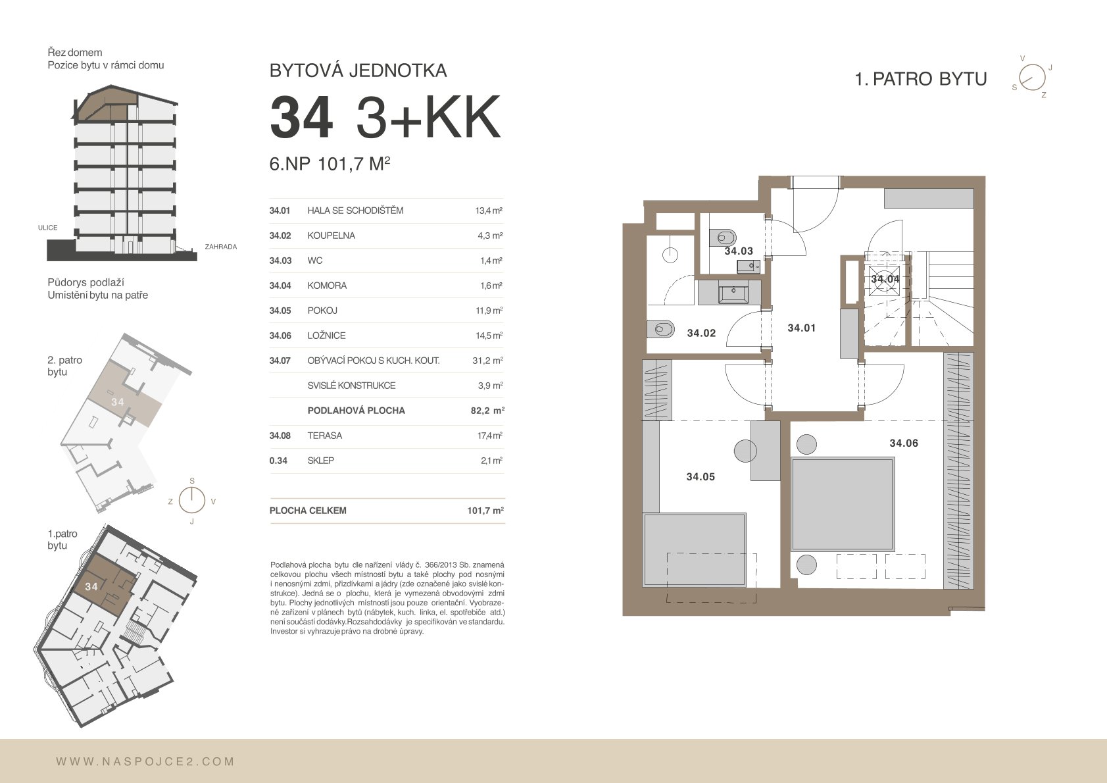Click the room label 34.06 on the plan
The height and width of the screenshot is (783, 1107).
(903, 443)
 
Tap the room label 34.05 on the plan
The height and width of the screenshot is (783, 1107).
(701, 476)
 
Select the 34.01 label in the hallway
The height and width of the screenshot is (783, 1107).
(801, 328)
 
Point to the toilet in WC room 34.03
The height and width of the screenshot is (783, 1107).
(722, 238)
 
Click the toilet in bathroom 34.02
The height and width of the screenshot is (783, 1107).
(660, 329)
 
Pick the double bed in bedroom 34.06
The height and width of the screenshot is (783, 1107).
(843, 504)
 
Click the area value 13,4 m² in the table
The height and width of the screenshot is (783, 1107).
(488, 211)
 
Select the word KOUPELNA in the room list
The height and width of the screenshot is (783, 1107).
(331, 236)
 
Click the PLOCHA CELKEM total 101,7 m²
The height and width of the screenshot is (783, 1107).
(485, 510)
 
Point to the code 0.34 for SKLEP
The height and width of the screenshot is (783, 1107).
(278, 460)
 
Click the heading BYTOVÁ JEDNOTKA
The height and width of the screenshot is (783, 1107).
(358, 70)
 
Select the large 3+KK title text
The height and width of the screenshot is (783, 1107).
(428, 118)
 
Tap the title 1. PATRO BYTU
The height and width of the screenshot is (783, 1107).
(921, 79)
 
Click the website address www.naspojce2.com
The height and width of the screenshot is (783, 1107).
(145, 761)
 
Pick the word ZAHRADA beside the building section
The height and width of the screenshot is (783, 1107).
(221, 247)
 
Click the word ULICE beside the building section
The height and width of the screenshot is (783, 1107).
(48, 228)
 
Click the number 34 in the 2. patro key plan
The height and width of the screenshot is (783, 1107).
(118, 402)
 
